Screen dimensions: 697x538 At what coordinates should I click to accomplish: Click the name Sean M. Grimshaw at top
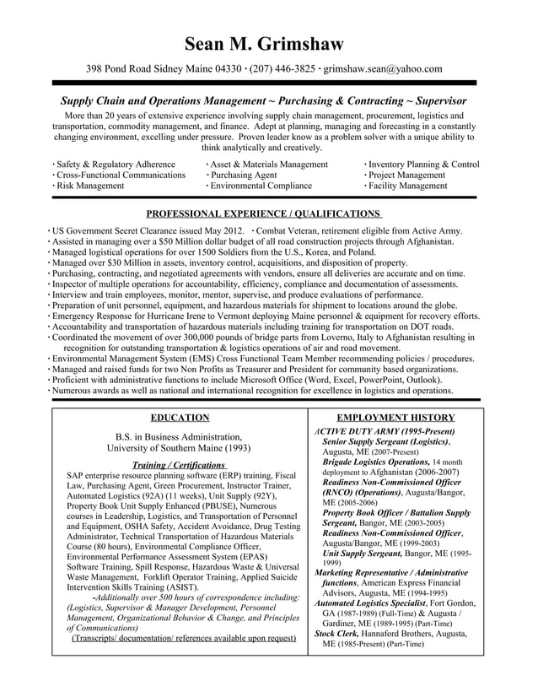(x=268, y=44)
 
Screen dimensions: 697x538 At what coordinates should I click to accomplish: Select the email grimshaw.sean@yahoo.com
(x=383, y=69)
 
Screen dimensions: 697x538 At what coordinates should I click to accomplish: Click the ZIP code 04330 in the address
(x=226, y=69)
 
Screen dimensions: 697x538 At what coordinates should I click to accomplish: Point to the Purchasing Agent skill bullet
(x=244, y=175)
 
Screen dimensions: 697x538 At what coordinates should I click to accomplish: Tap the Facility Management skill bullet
(x=408, y=186)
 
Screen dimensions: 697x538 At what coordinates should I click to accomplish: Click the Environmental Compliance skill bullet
(x=261, y=186)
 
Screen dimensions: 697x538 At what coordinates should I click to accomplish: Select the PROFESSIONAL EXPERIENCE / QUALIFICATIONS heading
(x=264, y=214)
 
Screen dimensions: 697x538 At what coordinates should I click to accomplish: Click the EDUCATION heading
(x=180, y=418)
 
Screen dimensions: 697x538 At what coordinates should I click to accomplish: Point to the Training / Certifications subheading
(x=179, y=465)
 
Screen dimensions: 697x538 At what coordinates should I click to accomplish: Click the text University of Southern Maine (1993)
(x=180, y=448)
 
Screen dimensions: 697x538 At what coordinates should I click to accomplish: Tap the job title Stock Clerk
(x=336, y=633)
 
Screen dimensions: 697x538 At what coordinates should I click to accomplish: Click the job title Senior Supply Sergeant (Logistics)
(x=385, y=441)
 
